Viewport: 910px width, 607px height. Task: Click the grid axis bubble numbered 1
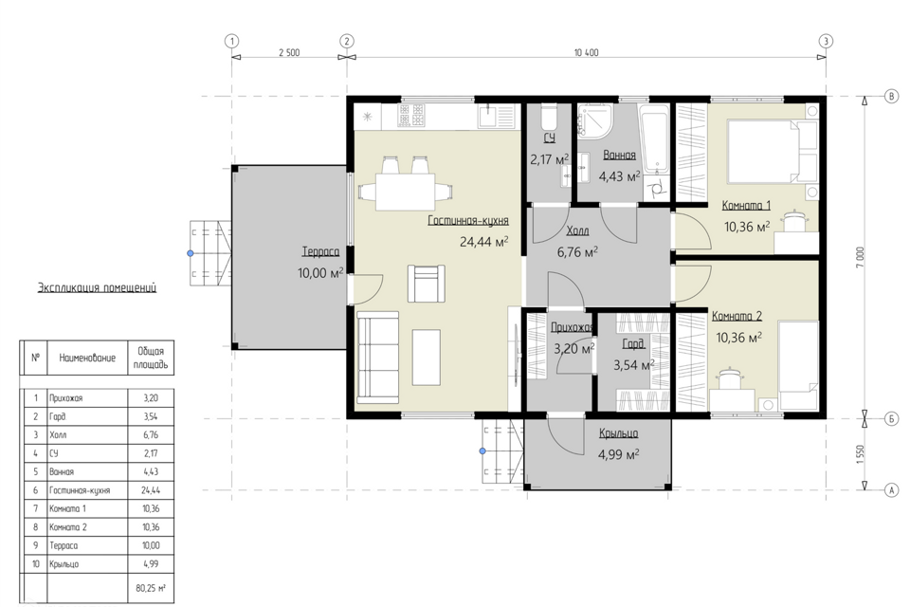(232, 41)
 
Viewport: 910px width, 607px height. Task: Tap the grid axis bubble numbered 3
(826, 41)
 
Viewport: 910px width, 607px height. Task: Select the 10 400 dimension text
(586, 53)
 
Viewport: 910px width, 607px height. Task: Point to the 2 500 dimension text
(289, 53)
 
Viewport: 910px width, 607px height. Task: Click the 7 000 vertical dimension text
(861, 257)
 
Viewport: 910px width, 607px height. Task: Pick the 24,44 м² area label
(484, 241)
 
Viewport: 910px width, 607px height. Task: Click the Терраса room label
(320, 252)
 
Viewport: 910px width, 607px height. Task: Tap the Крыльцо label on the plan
(619, 433)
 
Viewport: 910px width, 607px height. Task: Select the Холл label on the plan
(577, 231)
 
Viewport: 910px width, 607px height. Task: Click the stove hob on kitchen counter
(411, 115)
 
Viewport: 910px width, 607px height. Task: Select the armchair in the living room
(426, 284)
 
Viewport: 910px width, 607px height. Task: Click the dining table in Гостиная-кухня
(405, 192)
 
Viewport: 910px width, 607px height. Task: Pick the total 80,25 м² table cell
(151, 588)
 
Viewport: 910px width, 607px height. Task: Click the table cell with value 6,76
(151, 435)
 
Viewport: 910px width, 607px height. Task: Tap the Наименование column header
(87, 358)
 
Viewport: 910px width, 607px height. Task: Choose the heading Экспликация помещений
(97, 287)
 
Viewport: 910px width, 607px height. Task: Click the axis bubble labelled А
(891, 490)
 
